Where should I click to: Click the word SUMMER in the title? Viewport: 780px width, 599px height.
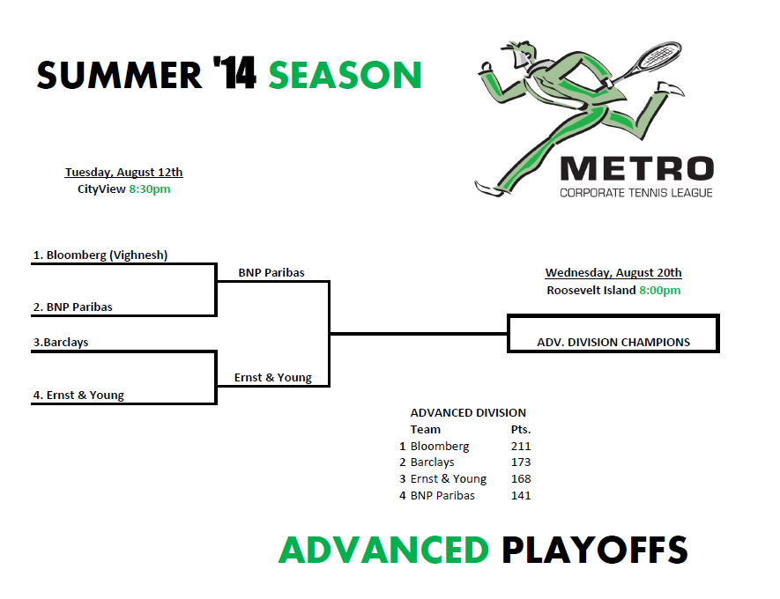tap(119, 75)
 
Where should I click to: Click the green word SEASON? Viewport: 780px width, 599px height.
tap(345, 75)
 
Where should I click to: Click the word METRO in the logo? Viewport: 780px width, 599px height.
tap(637, 168)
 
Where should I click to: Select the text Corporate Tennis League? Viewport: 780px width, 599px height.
tap(636, 193)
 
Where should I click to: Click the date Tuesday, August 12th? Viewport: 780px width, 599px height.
tap(124, 172)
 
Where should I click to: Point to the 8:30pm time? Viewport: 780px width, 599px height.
tap(150, 189)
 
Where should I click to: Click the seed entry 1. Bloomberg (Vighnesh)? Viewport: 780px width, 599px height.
tap(100, 255)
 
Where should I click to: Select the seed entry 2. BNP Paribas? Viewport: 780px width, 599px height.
tap(73, 307)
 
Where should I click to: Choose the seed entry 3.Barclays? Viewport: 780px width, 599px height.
tap(61, 342)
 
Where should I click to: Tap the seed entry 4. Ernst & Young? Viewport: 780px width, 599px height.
tap(78, 396)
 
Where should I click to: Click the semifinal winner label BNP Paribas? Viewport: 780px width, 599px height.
tap(271, 272)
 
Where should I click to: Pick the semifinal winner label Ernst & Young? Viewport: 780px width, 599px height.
tap(273, 378)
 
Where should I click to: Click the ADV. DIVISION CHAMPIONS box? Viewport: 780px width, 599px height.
tap(613, 314)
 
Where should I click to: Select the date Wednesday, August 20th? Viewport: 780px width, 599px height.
tap(613, 272)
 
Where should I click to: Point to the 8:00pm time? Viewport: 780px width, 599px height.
tap(660, 291)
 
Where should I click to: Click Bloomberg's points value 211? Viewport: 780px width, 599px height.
tap(521, 446)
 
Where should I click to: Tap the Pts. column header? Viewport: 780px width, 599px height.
tap(521, 430)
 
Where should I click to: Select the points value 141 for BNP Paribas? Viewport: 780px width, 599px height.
tap(521, 496)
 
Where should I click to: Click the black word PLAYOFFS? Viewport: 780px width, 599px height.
tap(594, 550)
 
